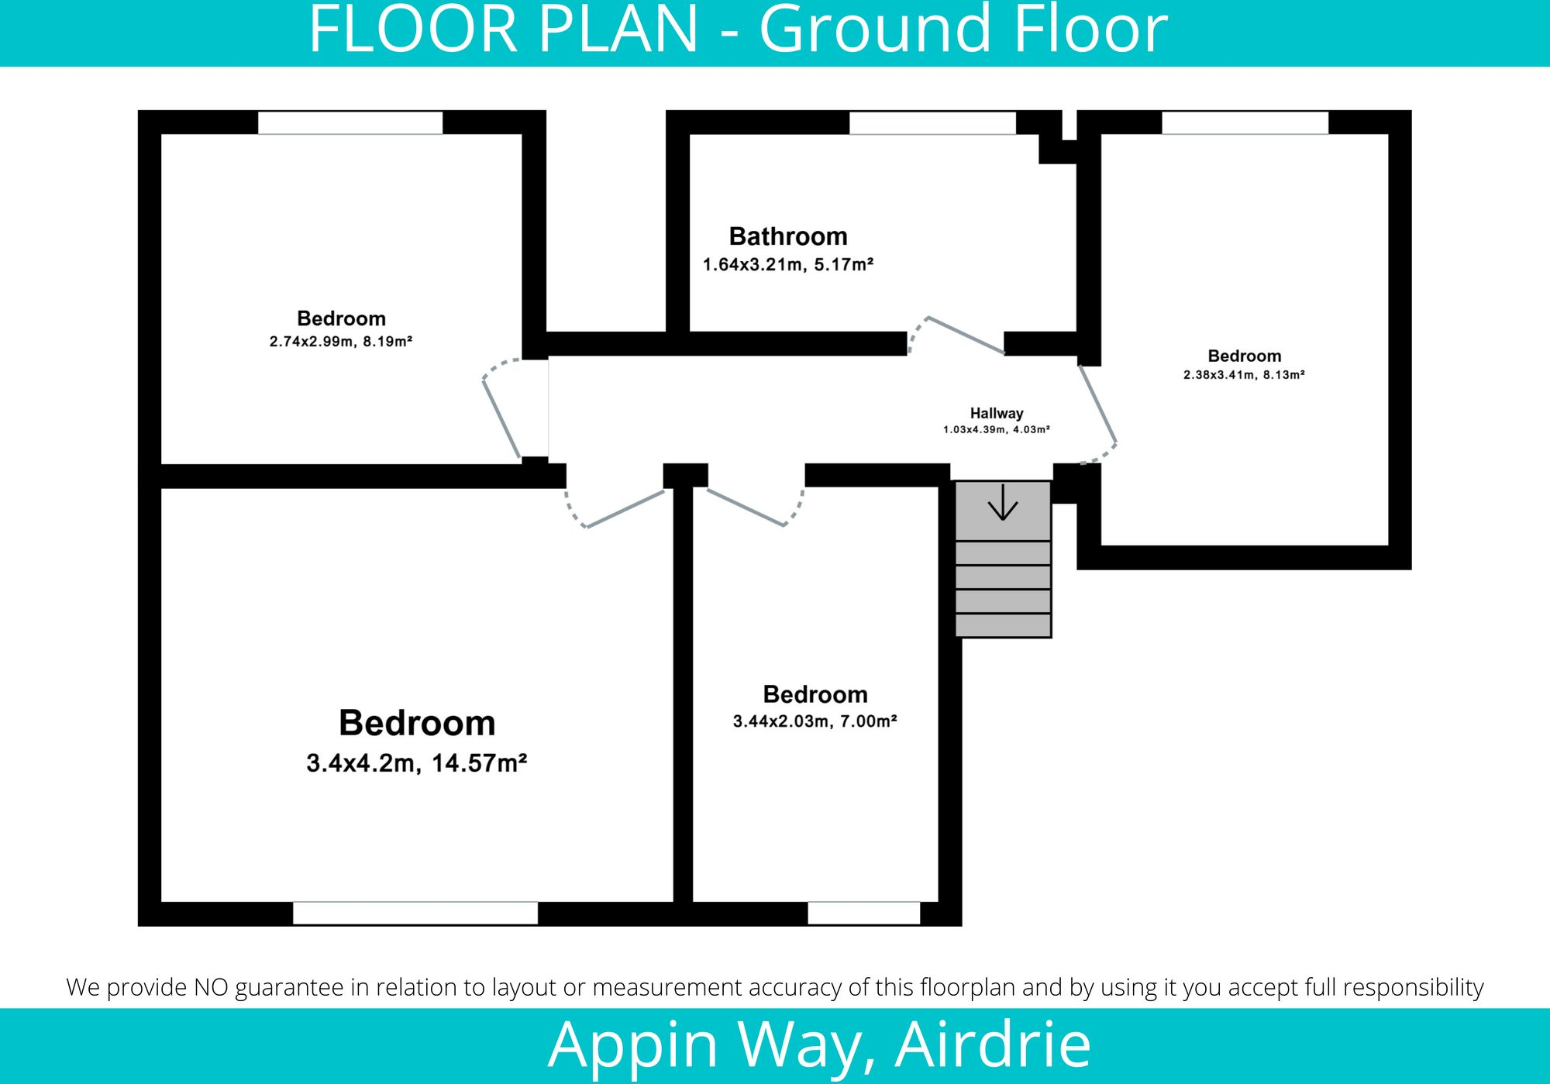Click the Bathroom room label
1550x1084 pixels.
click(x=788, y=236)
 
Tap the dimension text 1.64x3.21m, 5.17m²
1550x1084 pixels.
click(x=788, y=265)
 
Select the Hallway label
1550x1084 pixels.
click(x=997, y=414)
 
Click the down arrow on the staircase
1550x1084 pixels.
click(x=1003, y=503)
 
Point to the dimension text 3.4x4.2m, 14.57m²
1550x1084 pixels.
click(x=417, y=763)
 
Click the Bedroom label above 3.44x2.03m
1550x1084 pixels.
click(x=815, y=694)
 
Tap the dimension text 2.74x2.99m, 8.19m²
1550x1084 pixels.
click(x=341, y=342)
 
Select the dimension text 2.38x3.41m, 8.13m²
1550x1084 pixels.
click(x=1244, y=375)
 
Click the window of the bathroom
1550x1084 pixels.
click(x=932, y=123)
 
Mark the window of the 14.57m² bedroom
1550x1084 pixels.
click(x=415, y=913)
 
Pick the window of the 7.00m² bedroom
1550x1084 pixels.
click(x=863, y=913)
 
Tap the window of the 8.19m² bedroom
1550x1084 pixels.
click(x=350, y=123)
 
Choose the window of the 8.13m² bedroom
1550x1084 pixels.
click(x=1245, y=123)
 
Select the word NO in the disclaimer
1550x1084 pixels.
click(x=211, y=987)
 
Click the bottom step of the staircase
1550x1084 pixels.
click(x=1003, y=625)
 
